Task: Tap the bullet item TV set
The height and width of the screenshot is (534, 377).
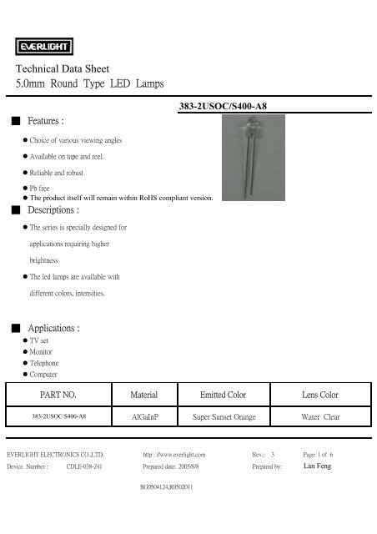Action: tap(39, 342)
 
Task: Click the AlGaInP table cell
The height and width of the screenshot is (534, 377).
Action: tap(148, 414)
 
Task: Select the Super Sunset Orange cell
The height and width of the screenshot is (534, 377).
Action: tap(224, 414)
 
